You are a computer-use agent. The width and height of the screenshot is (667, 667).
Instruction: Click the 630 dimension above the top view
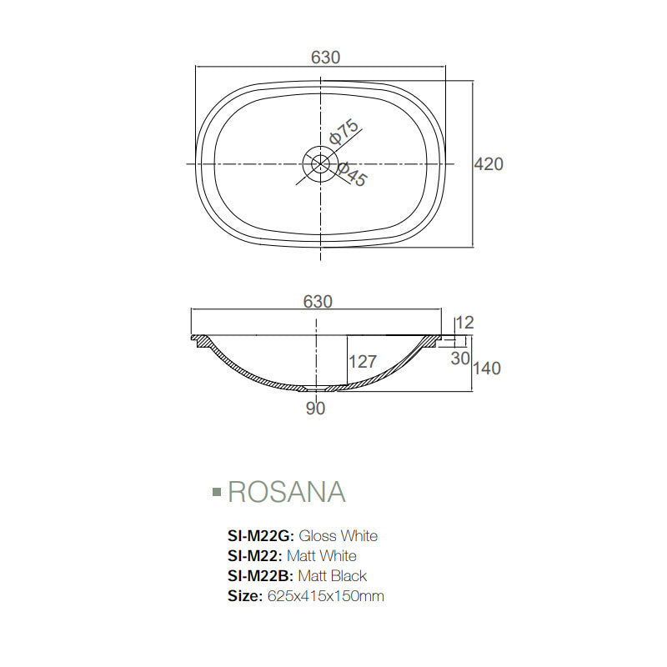pyautogui.click(x=325, y=58)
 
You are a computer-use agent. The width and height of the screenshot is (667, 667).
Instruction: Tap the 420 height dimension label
pyautogui.click(x=489, y=164)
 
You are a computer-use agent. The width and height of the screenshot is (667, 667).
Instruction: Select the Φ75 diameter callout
pyautogui.click(x=344, y=133)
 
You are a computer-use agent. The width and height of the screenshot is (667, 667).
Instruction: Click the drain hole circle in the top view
pyautogui.click(x=318, y=163)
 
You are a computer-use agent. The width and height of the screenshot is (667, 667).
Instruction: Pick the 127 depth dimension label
pyautogui.click(x=363, y=362)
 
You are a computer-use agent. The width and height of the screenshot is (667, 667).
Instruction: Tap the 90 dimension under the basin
pyautogui.click(x=315, y=408)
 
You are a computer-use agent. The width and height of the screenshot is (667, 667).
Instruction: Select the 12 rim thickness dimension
pyautogui.click(x=465, y=323)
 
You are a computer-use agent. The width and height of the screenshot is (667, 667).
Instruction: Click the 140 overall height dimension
pyautogui.click(x=487, y=368)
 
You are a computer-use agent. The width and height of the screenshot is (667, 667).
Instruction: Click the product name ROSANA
pyautogui.click(x=286, y=492)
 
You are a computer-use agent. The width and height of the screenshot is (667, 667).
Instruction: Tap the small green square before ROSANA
pyautogui.click(x=217, y=493)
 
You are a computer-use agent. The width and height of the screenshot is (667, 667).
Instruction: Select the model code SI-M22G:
pyautogui.click(x=261, y=536)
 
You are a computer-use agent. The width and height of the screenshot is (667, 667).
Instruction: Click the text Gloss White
pyautogui.click(x=338, y=536)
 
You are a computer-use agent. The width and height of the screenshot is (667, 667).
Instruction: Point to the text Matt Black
pyautogui.click(x=333, y=576)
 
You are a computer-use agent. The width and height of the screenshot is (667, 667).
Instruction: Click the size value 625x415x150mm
pyautogui.click(x=325, y=596)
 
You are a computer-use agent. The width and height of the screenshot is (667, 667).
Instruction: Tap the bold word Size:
pyautogui.click(x=245, y=596)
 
